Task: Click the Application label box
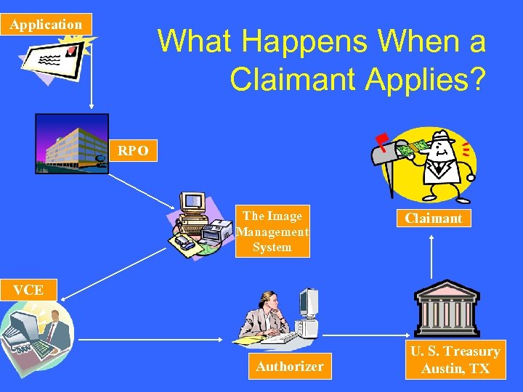pos(46,24)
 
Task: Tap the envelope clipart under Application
pos(51,57)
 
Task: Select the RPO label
pos(134,151)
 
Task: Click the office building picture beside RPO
pos(70,144)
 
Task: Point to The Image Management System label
pos(272,232)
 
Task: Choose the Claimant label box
pos(433,218)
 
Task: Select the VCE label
pos(28,290)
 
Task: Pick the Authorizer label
pos(289,366)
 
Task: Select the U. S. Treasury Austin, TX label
pos(455,360)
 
